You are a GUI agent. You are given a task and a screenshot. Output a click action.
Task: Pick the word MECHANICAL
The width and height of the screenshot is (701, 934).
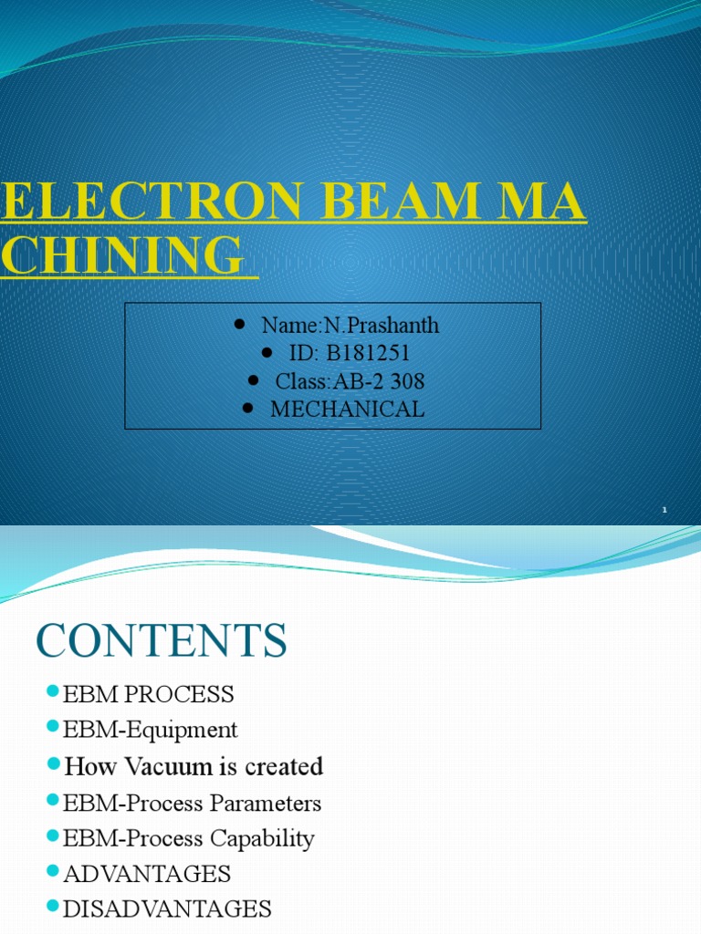coord(348,409)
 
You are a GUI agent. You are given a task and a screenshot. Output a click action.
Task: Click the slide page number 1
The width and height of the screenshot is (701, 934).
coord(664,510)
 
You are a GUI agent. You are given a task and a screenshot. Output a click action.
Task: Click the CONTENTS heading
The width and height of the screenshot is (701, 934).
coord(162,641)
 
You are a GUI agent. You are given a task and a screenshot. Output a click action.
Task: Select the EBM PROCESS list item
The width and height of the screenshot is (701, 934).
coord(148,694)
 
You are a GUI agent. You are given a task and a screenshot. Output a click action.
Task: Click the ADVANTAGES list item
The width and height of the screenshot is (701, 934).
coord(147,874)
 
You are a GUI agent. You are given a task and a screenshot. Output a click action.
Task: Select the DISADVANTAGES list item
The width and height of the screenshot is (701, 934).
coord(167,909)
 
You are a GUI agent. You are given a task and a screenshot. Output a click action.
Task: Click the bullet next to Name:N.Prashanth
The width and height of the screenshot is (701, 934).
coord(240,325)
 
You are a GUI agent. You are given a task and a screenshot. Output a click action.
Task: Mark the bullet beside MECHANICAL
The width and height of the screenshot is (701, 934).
coord(249,410)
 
